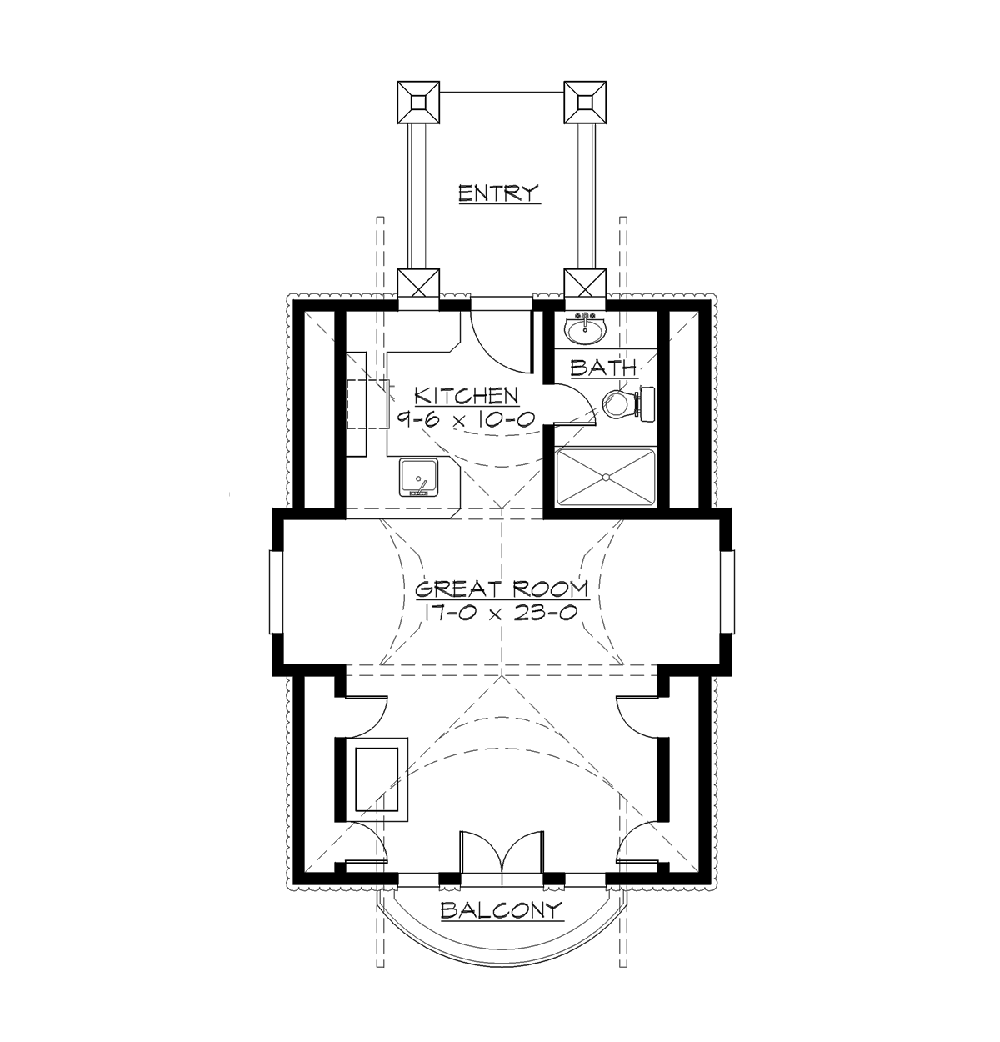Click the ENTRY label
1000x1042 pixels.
(499, 193)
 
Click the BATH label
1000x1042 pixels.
(604, 367)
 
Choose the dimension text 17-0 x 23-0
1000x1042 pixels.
(502, 613)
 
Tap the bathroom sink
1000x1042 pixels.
(586, 330)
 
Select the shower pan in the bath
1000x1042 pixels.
(603, 477)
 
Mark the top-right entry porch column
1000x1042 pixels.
(584, 100)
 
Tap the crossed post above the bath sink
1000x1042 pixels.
(584, 285)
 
